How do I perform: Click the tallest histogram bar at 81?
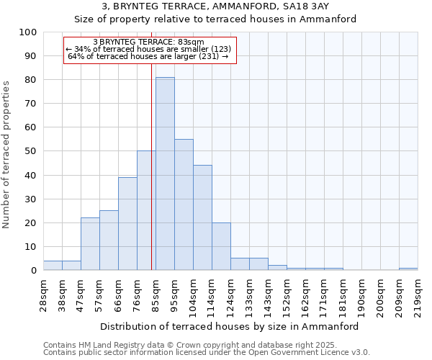coord(165,174)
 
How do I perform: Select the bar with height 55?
coord(184,204)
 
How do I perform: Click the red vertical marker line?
coord(151,166)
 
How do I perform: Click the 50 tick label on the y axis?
coord(31,151)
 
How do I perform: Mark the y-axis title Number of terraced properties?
coord(6,155)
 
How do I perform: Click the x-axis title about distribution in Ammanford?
coord(229,326)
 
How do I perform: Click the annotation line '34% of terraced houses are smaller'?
coord(148,49)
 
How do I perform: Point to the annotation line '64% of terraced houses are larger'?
coord(148,56)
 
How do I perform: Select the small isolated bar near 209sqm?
coord(408,269)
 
